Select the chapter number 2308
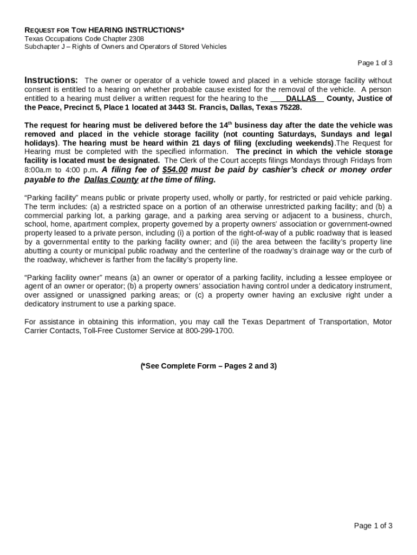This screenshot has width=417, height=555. click(x=135, y=38)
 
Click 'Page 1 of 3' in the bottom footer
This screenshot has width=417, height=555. click(x=373, y=525)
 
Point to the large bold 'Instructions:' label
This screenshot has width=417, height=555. click(x=51, y=80)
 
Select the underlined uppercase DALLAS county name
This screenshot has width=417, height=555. click(x=301, y=99)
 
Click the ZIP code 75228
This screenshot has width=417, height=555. click(x=289, y=107)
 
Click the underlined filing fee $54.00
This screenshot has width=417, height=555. click(x=175, y=170)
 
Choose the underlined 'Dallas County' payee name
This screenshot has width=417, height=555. click(x=112, y=180)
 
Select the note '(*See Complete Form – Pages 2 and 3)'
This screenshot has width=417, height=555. click(x=208, y=366)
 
